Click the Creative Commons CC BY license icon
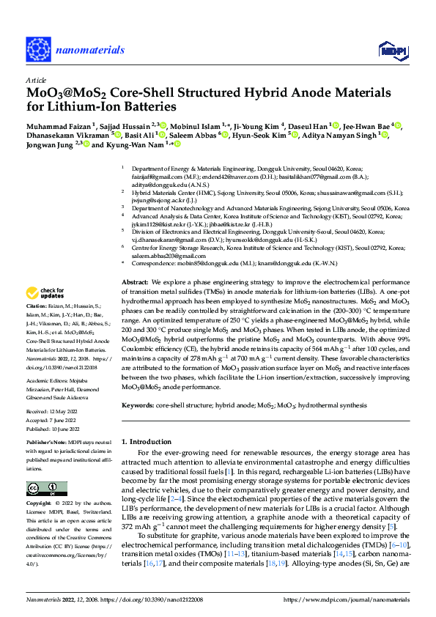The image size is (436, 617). pyautogui.click(x=45, y=489)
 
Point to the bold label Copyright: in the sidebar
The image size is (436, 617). pyautogui.click(x=40, y=504)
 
